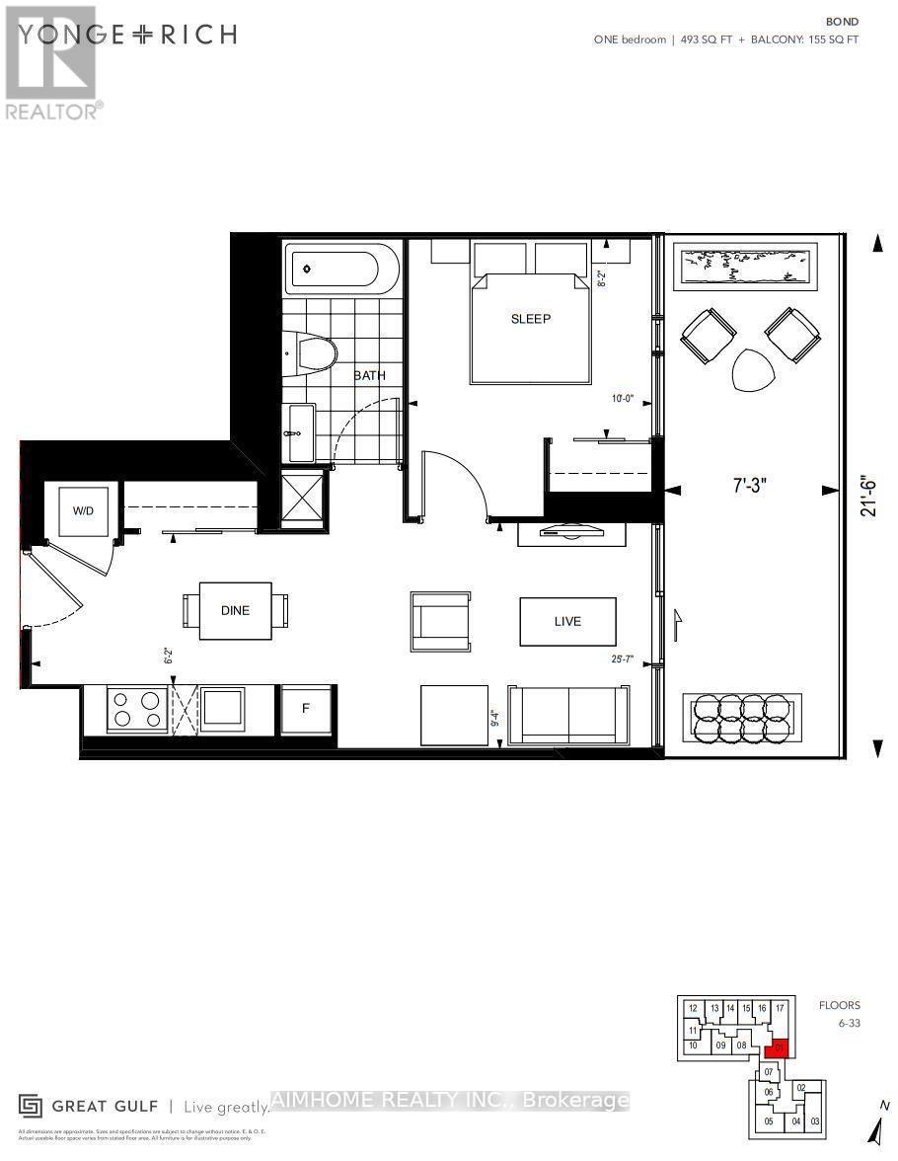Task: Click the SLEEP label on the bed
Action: coord(530,319)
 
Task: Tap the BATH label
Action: coord(370,375)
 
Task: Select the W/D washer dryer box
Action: coord(82,511)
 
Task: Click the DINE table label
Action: coord(235,610)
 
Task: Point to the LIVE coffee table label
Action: coord(567,621)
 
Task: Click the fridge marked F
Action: coord(305,708)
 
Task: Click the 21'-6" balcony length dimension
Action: coord(869,493)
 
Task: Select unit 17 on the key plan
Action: coord(780,1008)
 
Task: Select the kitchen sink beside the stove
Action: coord(222,708)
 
